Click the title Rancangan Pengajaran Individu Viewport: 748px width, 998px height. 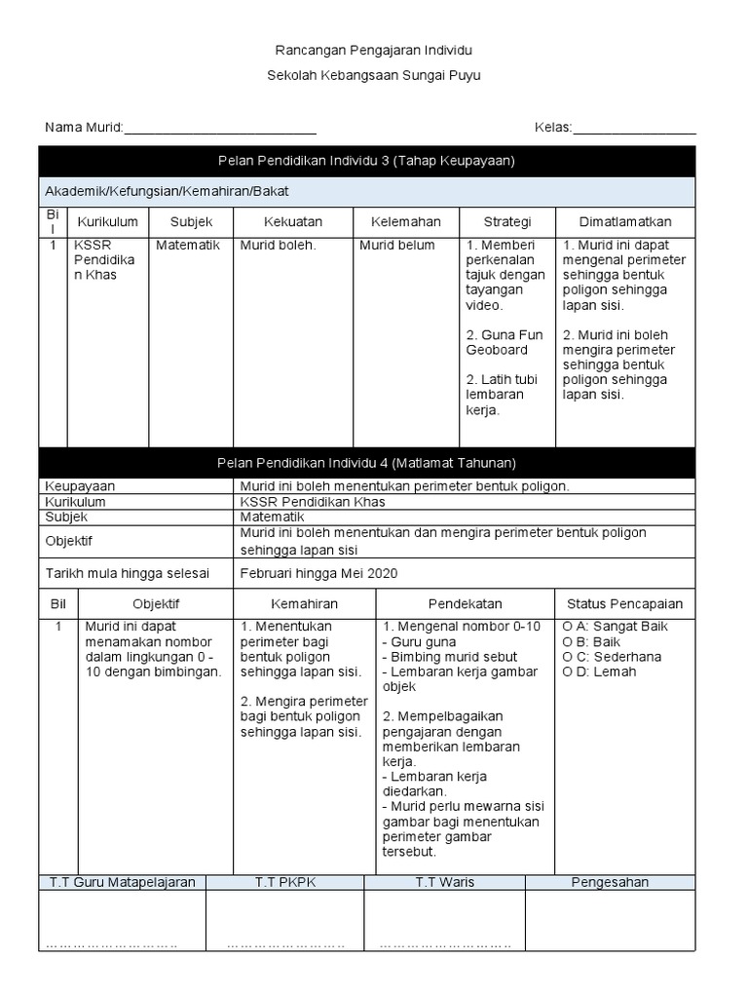373,50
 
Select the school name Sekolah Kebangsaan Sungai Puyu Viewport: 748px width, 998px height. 373,75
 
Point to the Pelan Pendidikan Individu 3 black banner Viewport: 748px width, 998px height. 367,161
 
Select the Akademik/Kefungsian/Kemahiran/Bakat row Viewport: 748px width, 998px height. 367,192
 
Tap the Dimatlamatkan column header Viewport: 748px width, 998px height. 625,221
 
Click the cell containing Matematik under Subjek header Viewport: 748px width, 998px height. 188,246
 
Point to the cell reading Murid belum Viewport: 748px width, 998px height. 397,246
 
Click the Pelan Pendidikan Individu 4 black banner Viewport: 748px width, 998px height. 367,463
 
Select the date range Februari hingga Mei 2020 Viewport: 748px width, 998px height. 319,573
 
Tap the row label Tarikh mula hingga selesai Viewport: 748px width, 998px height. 126,573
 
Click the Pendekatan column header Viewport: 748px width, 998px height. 465,604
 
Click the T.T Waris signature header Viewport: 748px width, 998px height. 445,882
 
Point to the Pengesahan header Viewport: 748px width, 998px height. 610,882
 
